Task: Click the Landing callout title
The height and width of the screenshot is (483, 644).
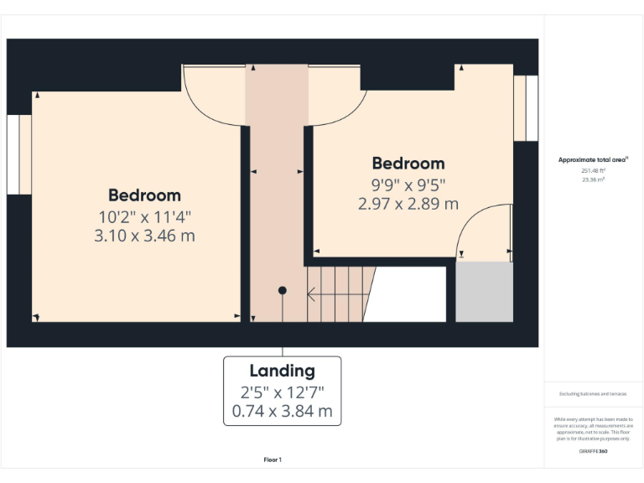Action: (x=282, y=371)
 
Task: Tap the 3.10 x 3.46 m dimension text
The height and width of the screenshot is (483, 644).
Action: (x=144, y=236)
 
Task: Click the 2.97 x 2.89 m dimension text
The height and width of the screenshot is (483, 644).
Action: (x=408, y=203)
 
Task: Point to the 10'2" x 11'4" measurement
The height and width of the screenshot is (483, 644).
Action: (x=144, y=216)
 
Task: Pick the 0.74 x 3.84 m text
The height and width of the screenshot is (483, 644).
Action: (x=282, y=411)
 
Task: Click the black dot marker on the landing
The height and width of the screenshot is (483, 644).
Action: (x=283, y=290)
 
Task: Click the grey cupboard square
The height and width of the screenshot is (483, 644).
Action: (x=484, y=292)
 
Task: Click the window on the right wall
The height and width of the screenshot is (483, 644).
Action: (x=526, y=107)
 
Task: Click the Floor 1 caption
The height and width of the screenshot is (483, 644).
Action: (x=273, y=460)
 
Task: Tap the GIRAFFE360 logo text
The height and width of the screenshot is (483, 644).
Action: (x=593, y=451)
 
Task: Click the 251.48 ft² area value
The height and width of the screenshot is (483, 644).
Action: (x=594, y=170)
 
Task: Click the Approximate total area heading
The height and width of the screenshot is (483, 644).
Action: (x=593, y=159)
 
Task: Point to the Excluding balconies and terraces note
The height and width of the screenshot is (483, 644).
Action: (x=593, y=393)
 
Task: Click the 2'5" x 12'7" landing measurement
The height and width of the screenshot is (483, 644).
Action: (x=282, y=392)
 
